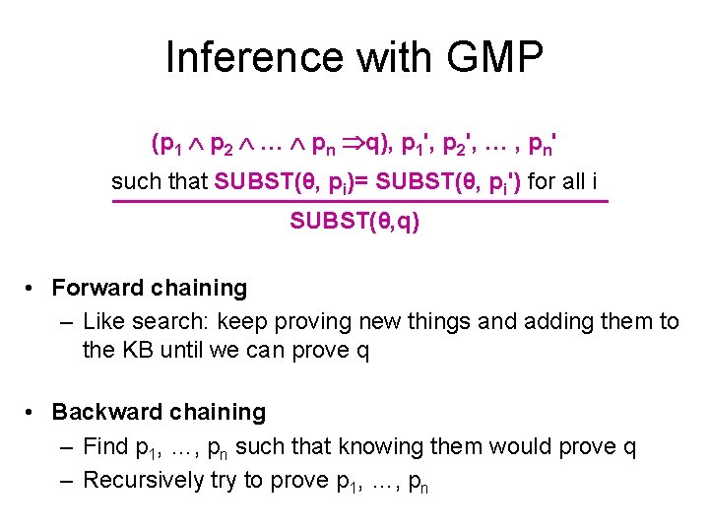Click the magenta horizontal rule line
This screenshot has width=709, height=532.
359,201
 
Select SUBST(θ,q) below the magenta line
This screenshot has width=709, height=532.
354,222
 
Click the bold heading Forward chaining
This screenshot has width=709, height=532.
149,288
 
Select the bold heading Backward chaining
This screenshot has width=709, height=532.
159,412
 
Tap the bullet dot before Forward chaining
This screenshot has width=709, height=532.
32,289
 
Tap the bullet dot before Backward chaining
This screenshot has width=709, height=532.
32,413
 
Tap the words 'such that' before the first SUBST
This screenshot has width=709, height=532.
160,181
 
